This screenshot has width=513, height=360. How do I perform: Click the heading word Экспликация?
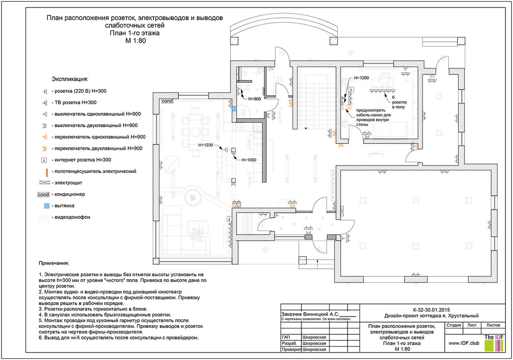coord(70,79)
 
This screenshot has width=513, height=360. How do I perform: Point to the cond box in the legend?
coord(44,195)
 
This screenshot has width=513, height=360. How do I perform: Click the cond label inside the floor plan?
coord(166,102)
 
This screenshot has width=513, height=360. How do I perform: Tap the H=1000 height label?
coord(250,160)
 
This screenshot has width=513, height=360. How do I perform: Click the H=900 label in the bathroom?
coord(255,99)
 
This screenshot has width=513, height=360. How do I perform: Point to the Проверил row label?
coord(290,349)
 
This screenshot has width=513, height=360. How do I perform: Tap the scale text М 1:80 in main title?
coord(136,41)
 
